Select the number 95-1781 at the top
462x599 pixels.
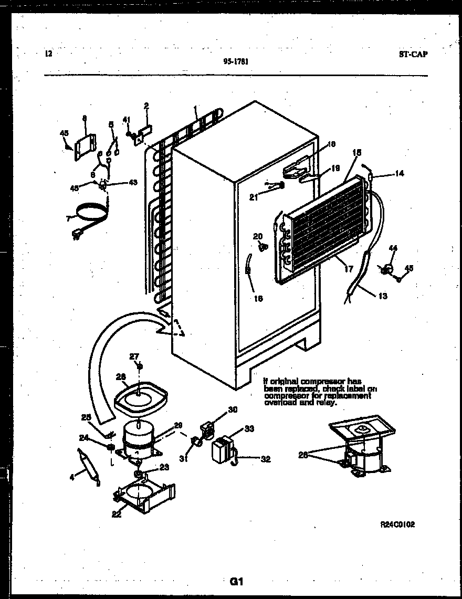tap(235, 61)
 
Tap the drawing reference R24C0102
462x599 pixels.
tap(397, 524)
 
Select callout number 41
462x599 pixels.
tap(127, 119)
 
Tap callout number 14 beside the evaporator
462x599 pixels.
tap(400, 173)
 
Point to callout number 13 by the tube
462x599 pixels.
tap(383, 296)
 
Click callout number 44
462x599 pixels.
tap(393, 248)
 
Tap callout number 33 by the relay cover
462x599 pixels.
tap(249, 429)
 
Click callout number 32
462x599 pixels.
tap(266, 459)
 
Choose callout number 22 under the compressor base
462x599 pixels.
tap(116, 514)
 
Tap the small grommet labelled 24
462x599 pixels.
tap(110, 447)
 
